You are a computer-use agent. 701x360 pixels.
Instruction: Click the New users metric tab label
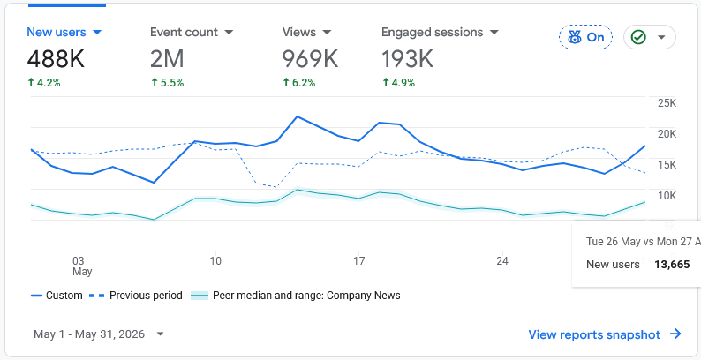(x=57, y=32)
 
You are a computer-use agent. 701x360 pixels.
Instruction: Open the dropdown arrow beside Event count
(x=229, y=32)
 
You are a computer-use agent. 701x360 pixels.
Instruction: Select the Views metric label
(x=298, y=32)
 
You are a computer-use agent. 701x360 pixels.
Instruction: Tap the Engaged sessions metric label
(x=432, y=32)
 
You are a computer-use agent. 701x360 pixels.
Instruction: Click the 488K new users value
(x=56, y=59)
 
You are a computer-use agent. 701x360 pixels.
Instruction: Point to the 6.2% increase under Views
(x=300, y=83)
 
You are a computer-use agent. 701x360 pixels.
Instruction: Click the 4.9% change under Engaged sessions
(x=398, y=83)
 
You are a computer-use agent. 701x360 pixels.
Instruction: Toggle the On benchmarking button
(x=585, y=37)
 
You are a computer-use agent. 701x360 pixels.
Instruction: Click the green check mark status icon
(x=638, y=37)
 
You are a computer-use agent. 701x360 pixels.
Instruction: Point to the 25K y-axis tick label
(x=667, y=103)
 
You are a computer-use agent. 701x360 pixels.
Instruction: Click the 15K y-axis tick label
(x=667, y=165)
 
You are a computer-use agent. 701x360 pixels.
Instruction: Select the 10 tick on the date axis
(x=215, y=261)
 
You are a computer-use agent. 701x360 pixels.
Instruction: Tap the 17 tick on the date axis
(x=358, y=261)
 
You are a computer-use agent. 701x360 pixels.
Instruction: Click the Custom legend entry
(x=57, y=296)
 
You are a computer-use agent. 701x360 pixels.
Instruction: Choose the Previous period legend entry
(x=136, y=296)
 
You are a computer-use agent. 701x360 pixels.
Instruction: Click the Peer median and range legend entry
(x=296, y=296)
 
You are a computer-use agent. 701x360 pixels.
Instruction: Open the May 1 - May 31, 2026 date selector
(x=99, y=334)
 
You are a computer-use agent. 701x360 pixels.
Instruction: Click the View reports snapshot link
(x=605, y=334)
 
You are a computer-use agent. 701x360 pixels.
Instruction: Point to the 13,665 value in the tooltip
(x=672, y=265)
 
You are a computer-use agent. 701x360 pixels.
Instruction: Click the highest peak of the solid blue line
(x=298, y=116)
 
